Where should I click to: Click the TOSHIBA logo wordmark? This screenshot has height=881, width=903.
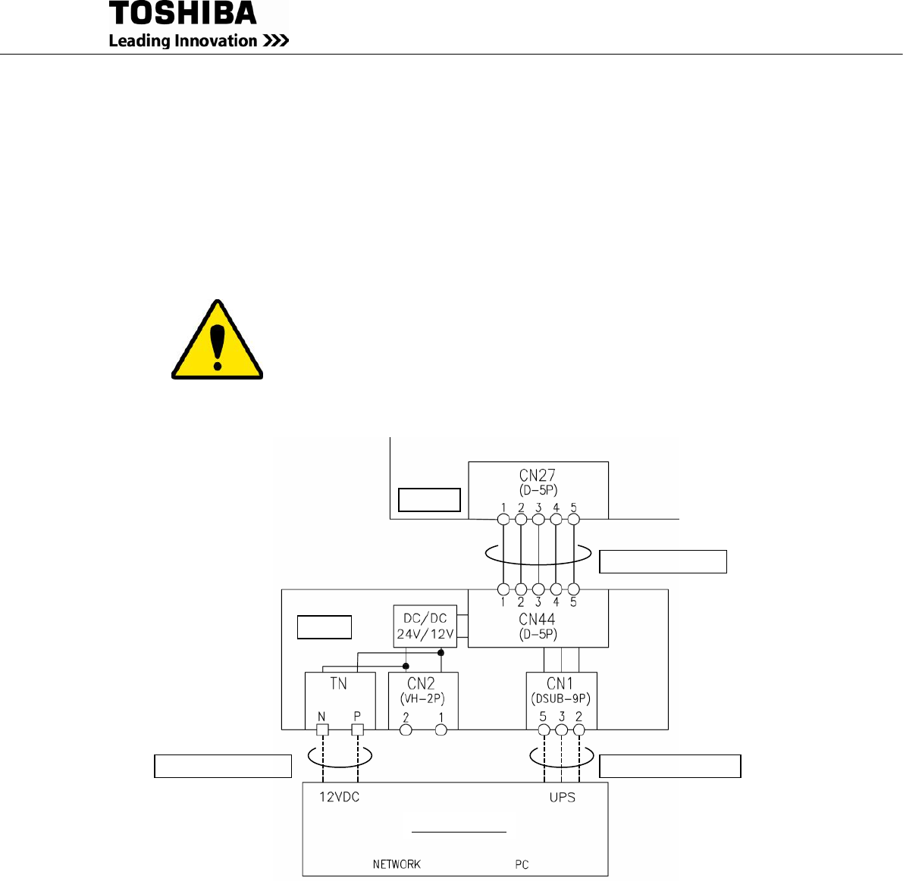click(183, 14)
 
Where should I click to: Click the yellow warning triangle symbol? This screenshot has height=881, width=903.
click(218, 341)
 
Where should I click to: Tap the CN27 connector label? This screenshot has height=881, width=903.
click(538, 475)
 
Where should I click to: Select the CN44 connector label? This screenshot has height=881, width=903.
click(538, 619)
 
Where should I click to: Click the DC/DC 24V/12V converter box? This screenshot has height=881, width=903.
click(425, 626)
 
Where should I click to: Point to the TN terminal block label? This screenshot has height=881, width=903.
click(338, 683)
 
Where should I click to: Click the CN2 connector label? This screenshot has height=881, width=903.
click(421, 683)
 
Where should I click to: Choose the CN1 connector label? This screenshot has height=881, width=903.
click(560, 683)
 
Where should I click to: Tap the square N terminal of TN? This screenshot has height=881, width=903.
click(322, 729)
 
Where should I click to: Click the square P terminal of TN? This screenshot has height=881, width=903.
click(358, 729)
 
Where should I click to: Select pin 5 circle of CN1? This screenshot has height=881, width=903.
click(544, 730)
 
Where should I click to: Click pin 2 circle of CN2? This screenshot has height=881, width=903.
click(406, 730)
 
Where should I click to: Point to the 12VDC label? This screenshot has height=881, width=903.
click(338, 798)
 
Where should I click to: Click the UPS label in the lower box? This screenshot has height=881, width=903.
click(562, 798)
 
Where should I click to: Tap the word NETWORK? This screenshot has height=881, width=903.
click(397, 864)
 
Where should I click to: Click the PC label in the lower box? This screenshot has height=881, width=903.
click(522, 864)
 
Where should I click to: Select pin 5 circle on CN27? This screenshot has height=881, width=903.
click(574, 520)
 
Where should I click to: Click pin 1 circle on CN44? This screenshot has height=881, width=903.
click(503, 589)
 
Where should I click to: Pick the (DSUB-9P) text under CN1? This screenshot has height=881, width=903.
click(561, 698)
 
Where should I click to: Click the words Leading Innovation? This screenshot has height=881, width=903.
click(183, 41)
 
